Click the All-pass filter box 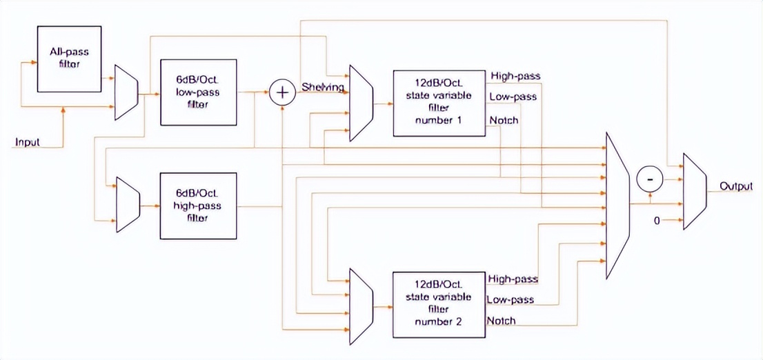point(69,59)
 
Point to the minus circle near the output point(649,179)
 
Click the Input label point(28,143)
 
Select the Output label point(735,186)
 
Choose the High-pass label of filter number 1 point(515,76)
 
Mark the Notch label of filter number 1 point(504,121)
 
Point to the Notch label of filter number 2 point(501,321)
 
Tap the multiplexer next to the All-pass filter point(126,92)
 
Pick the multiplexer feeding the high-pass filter point(128,203)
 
